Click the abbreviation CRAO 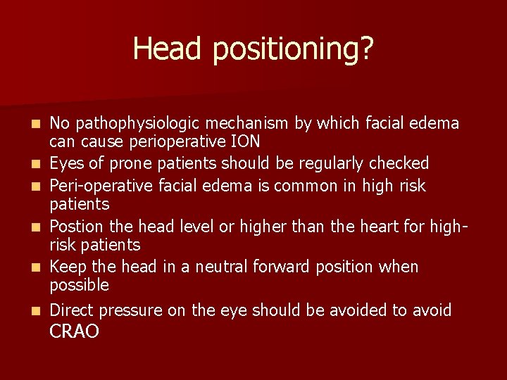(x=75, y=332)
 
